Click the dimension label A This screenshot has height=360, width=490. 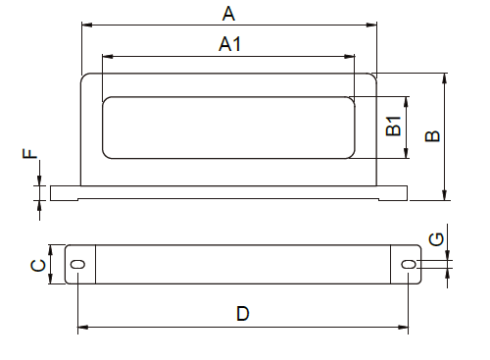point(228,14)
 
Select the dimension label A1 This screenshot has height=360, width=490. point(230,44)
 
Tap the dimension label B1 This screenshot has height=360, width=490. point(393,126)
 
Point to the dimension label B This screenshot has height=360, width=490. point(432,135)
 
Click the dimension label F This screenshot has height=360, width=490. point(30,153)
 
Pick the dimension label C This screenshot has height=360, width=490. point(38,265)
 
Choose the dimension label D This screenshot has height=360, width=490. point(243,313)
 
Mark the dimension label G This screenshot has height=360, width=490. point(436,239)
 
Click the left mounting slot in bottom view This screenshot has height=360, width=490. point(78,264)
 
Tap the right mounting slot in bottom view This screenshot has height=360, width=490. point(409,264)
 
